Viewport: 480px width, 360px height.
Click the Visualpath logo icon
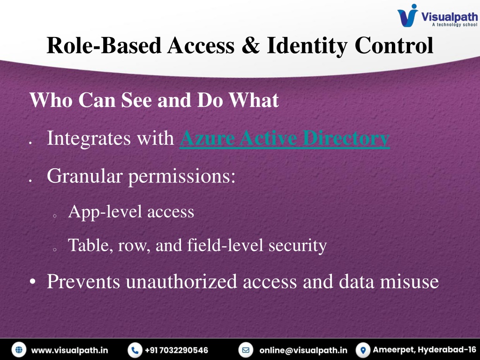click(x=407, y=15)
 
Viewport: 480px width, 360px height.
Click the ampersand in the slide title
click(x=250, y=45)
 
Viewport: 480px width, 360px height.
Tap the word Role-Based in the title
click(x=104, y=45)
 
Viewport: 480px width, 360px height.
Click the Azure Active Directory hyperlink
click(x=285, y=138)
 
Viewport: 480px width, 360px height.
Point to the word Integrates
click(x=89, y=139)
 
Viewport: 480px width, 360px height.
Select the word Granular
click(x=85, y=176)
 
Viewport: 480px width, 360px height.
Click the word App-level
click(x=105, y=212)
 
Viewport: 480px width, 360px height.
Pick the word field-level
click(x=225, y=245)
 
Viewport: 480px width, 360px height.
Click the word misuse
click(x=409, y=281)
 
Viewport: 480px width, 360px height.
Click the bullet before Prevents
click(x=33, y=282)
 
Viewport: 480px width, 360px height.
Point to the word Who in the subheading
click(x=51, y=100)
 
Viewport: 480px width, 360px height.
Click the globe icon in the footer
click(x=19, y=350)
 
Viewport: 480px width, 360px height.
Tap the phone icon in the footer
click(x=135, y=350)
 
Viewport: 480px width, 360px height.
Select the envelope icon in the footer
click(x=246, y=350)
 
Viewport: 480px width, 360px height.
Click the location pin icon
click(x=363, y=350)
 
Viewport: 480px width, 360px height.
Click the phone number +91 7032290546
click(x=176, y=350)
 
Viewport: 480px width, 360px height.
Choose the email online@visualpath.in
click(x=303, y=350)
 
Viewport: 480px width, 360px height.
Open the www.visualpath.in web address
click(x=69, y=350)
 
